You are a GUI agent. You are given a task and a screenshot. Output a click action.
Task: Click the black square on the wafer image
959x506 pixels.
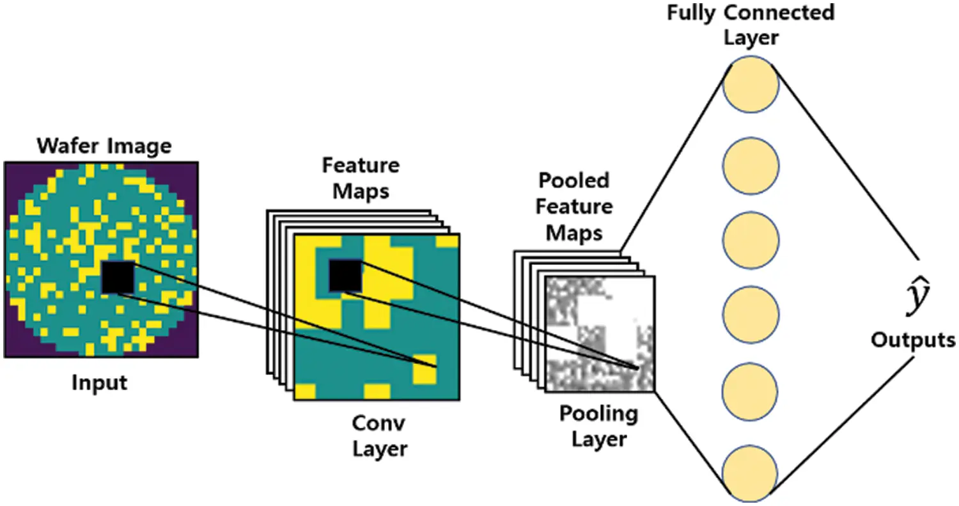pos(118,277)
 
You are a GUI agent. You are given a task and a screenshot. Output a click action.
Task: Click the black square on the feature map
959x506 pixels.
pos(345,276)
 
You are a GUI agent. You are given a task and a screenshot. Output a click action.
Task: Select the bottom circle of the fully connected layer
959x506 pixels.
pos(751,474)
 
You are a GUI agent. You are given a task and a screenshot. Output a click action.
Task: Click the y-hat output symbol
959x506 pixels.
pos(919,299)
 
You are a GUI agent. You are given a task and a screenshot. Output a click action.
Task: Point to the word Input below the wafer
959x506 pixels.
pos(99,383)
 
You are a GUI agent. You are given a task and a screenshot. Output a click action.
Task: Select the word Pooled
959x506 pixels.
pos(574,180)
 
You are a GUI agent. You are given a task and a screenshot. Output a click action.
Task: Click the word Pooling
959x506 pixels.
pos(598,414)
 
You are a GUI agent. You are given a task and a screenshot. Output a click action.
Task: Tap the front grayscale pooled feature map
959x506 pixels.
pos(599,333)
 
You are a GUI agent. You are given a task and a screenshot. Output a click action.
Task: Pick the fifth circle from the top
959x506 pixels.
pos(751,391)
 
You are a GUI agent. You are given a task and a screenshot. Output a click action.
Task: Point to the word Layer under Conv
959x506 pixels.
pos(379,449)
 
